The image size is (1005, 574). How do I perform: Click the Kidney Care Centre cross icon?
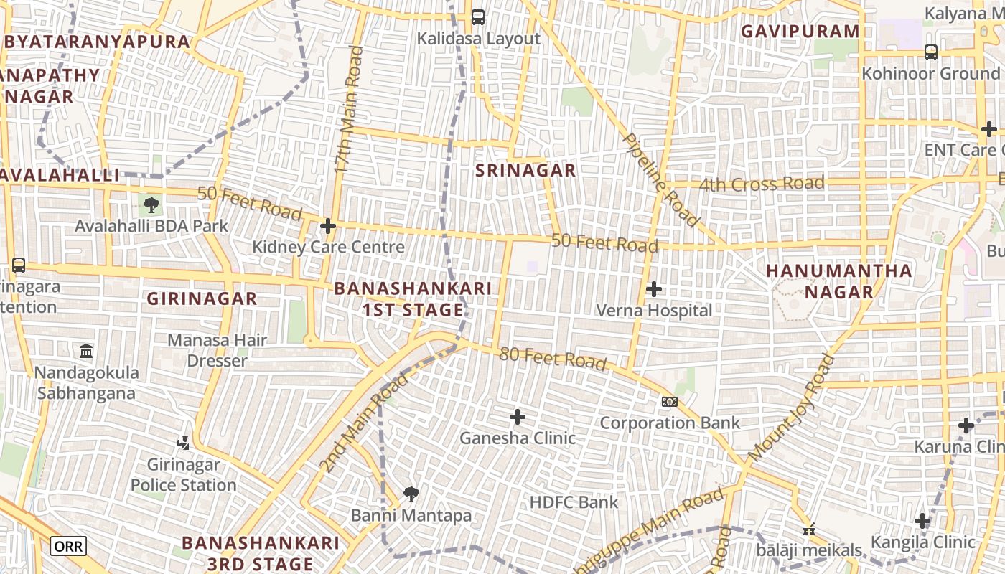tap(328, 226)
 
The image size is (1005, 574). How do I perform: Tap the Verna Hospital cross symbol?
tap(654, 289)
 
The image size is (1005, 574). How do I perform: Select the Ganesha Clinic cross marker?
tap(517, 417)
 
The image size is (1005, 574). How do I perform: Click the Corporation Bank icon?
tap(669, 402)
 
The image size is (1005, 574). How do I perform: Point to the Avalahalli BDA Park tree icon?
tap(151, 205)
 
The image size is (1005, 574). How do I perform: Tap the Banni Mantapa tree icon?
tap(411, 494)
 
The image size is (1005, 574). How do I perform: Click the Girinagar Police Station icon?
tap(183, 443)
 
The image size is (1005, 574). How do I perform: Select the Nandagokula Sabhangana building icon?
tap(86, 352)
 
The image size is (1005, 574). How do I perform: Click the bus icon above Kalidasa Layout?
tap(478, 17)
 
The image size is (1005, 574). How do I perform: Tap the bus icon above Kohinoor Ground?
tap(931, 52)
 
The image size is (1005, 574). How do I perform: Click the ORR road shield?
tap(69, 547)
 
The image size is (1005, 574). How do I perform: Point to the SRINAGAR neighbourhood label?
tap(525, 170)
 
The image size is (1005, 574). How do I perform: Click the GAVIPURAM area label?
tap(800, 32)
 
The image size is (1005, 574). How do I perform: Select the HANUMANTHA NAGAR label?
tap(838, 281)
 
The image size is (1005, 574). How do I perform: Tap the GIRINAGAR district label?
tap(202, 298)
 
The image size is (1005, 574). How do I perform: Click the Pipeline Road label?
tap(660, 179)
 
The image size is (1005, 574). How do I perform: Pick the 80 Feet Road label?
tap(553, 357)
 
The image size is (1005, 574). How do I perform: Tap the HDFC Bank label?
tap(574, 502)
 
